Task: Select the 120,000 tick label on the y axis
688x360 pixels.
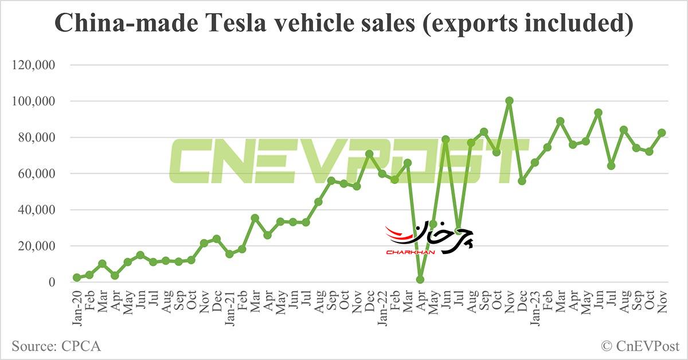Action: (33, 65)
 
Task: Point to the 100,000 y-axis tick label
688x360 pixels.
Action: (33, 101)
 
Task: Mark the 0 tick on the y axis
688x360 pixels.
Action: (51, 283)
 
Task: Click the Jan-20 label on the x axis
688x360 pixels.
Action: (77, 307)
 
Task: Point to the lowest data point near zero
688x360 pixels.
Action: (420, 280)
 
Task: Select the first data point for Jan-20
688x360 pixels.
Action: (77, 277)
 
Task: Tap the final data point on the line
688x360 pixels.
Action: (662, 132)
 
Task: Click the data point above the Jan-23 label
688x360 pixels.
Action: (534, 163)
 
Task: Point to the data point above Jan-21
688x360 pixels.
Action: (229, 254)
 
